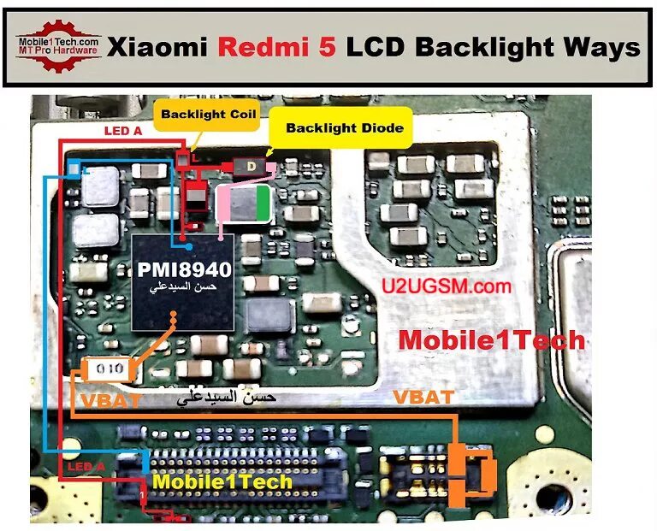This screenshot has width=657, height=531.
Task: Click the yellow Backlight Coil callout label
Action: tap(208, 115)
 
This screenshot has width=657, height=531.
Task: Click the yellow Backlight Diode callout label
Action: tap(336, 129)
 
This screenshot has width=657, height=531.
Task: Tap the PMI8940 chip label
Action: tap(184, 271)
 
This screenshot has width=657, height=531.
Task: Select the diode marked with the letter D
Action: tap(252, 165)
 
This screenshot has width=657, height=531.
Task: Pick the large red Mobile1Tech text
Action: tap(492, 339)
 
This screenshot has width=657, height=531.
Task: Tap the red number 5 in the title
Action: tap(328, 47)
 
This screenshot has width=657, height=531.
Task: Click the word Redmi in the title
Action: tap(264, 47)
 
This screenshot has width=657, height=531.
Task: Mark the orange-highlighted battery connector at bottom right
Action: tap(473, 471)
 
